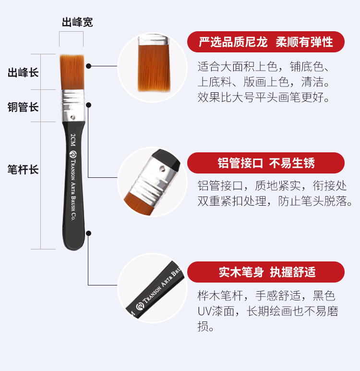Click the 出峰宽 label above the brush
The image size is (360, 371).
[x=77, y=22]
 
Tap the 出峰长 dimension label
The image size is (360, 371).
[x=23, y=73]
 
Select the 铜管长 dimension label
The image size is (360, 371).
[x=23, y=107]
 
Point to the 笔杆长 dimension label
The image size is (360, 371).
[x=23, y=170]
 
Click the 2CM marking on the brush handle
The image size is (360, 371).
[x=73, y=140]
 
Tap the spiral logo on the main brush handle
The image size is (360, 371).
[x=73, y=154]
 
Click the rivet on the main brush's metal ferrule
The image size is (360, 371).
[x=73, y=117]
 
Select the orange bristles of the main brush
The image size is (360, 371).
[x=72, y=72]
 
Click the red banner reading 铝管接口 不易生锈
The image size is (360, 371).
[x=266, y=163]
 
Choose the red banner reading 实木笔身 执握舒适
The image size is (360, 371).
[x=266, y=272]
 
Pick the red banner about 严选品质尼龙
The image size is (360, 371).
[x=266, y=42]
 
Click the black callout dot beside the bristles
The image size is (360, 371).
[x=89, y=66]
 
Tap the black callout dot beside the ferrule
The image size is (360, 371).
[x=89, y=105]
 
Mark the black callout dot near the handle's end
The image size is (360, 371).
[x=89, y=233]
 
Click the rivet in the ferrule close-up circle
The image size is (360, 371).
[x=162, y=169]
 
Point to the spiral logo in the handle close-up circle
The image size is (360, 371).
[x=140, y=306]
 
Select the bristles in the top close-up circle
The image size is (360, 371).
[x=154, y=68]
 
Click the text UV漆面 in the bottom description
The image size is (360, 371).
[x=216, y=311]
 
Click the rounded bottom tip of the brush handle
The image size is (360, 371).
[x=74, y=249]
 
